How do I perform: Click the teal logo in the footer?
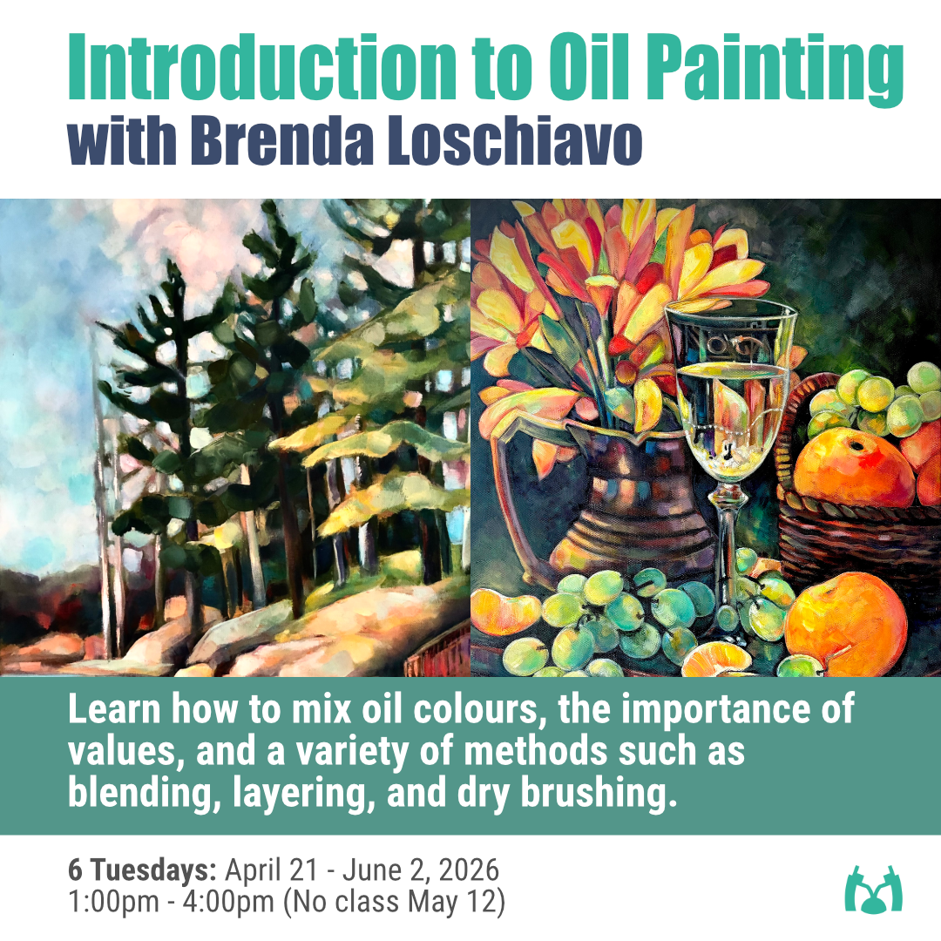(x=874, y=889)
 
